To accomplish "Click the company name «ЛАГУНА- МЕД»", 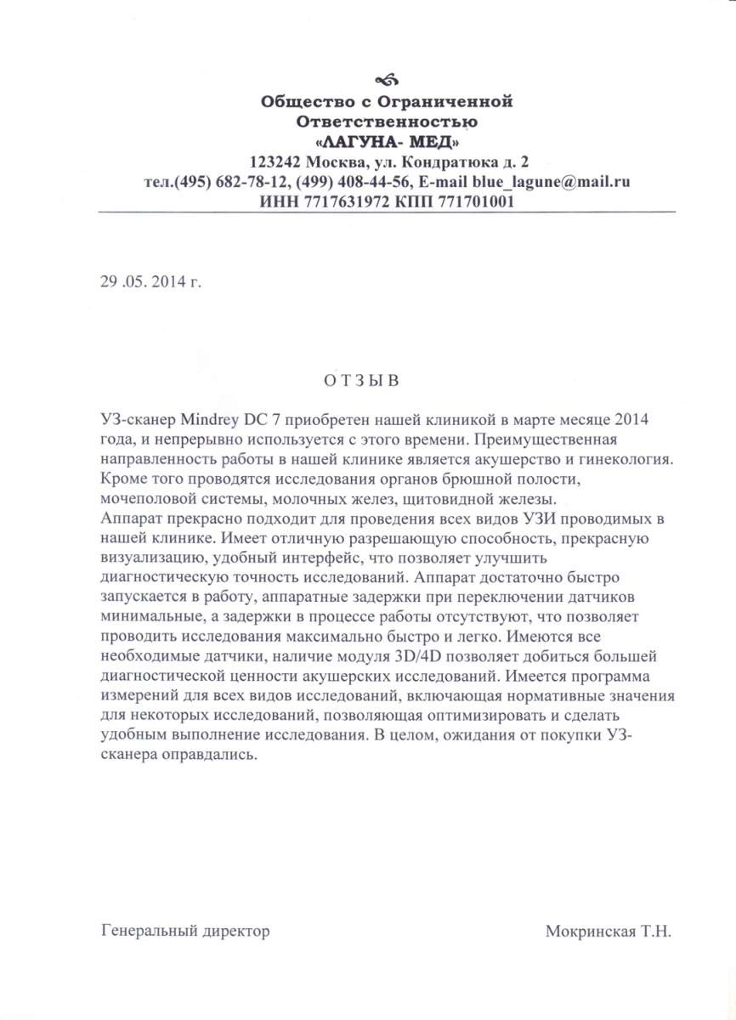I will [387, 140].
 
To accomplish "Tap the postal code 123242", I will [276, 161].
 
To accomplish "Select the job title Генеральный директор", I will [185, 931].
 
